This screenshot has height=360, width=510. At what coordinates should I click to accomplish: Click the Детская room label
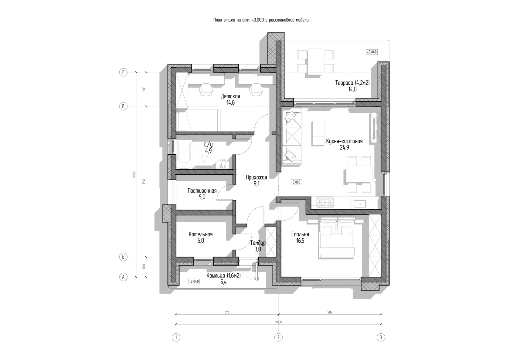pyautogui.click(x=230, y=96)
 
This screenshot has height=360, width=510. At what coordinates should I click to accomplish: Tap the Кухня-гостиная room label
pyautogui.click(x=344, y=141)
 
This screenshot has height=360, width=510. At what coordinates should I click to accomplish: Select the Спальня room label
pyautogui.click(x=300, y=234)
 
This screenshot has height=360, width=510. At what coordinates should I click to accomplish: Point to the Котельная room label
pyautogui.click(x=200, y=234)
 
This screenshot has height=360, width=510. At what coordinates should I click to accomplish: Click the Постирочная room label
pyautogui.click(x=202, y=191)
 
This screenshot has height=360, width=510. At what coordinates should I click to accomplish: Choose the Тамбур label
pyautogui.click(x=258, y=243)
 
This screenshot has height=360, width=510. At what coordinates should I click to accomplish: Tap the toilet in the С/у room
pyautogui.click(x=204, y=160)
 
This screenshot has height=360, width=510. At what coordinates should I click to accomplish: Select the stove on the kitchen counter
pyautogui.click(x=325, y=202)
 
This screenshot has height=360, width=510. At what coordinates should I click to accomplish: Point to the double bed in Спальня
pyautogui.click(x=336, y=237)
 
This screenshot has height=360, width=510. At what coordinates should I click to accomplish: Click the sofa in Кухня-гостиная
pyautogui.click(x=292, y=136)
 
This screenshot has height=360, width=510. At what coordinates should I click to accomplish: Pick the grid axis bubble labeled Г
pyautogui.click(x=123, y=72)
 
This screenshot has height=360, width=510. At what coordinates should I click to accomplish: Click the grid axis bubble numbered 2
pyautogui.click(x=278, y=337)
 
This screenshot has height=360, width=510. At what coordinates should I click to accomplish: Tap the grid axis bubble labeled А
pyautogui.click(x=123, y=277)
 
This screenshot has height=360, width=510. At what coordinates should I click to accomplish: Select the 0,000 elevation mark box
pyautogui.click(x=296, y=182)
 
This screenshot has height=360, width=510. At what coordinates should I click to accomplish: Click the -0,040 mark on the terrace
pyautogui.click(x=372, y=52)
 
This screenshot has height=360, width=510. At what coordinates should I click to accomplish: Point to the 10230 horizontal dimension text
pyautogui.click(x=278, y=322)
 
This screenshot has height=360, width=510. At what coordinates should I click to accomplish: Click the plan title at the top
pyautogui.click(x=261, y=20)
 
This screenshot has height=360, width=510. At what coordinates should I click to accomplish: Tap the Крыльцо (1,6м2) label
pyautogui.click(x=223, y=276)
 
